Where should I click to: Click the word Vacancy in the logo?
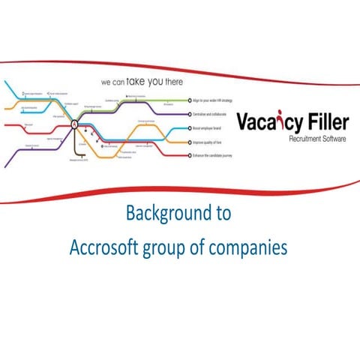[x=267, y=122]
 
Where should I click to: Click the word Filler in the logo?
[x=324, y=122]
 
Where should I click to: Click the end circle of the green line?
[x=187, y=100]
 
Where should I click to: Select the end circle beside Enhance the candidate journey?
[x=187, y=155]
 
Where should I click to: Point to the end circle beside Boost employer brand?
[x=187, y=128]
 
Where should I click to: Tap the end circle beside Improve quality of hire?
[x=187, y=142]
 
